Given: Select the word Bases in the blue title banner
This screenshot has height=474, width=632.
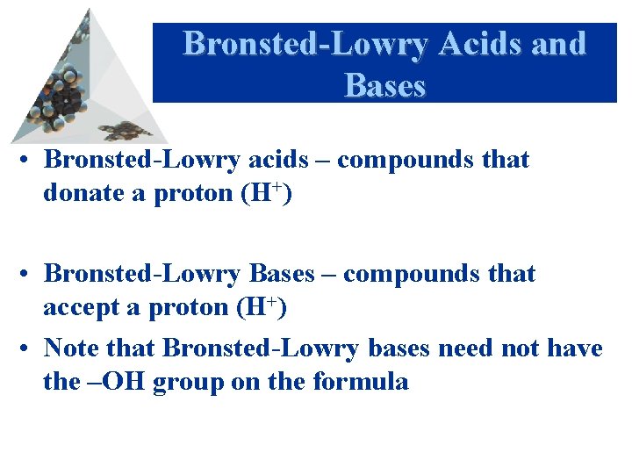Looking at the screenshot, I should (385, 85).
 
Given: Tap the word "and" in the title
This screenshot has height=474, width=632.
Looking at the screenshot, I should (557, 44).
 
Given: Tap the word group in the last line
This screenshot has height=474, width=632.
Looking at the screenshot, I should (187, 383).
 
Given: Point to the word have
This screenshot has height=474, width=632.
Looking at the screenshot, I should (574, 348).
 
